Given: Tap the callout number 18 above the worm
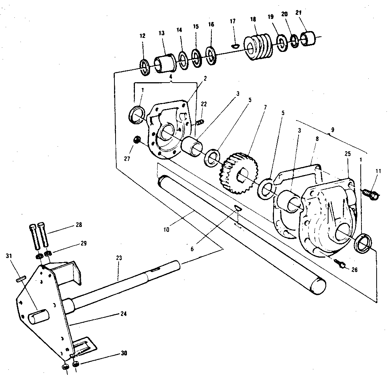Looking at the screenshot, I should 253,20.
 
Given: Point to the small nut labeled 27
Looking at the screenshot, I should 137,141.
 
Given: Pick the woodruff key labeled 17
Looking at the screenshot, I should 235,46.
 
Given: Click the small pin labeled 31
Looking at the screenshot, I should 21,279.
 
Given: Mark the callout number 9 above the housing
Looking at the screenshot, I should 332,130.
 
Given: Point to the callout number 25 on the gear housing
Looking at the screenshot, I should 347,154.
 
